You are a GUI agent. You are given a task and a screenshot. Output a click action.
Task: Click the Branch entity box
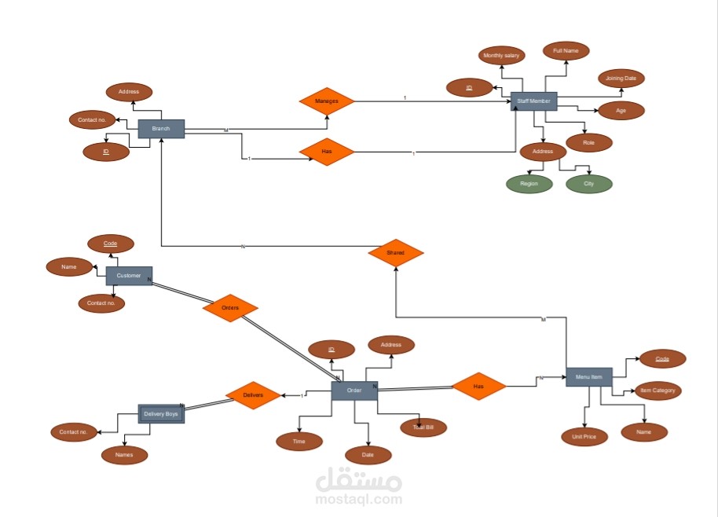tap(161, 129)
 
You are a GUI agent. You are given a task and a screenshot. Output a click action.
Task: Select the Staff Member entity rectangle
tap(533, 101)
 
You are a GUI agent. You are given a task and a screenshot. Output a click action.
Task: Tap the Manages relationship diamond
tap(327, 101)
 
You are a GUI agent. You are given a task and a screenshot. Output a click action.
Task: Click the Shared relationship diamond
tap(396, 253)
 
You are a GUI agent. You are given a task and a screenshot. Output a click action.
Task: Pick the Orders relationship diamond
tap(230, 308)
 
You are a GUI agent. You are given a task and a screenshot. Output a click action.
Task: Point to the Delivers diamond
tap(253, 394)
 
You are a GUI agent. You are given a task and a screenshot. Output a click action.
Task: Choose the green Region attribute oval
tap(529, 184)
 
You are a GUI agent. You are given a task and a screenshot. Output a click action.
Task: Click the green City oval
tap(589, 184)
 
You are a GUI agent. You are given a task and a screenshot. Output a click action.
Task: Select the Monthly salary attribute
tap(502, 56)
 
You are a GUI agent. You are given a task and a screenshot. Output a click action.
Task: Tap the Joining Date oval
tap(621, 79)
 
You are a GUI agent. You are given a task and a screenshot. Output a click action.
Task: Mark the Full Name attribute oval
tap(566, 51)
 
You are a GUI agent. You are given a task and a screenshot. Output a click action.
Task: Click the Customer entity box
tap(129, 276)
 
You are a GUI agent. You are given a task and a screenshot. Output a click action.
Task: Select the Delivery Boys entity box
tap(161, 413)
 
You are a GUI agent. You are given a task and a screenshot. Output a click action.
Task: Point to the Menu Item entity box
tap(588, 377)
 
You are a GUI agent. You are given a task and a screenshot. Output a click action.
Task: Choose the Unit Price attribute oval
tap(584, 437)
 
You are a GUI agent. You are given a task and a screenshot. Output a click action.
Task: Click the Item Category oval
tap(657, 390)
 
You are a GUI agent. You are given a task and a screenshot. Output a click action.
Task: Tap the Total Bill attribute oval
tap(423, 427)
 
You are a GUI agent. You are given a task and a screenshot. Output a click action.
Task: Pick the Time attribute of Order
tap(299, 442)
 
